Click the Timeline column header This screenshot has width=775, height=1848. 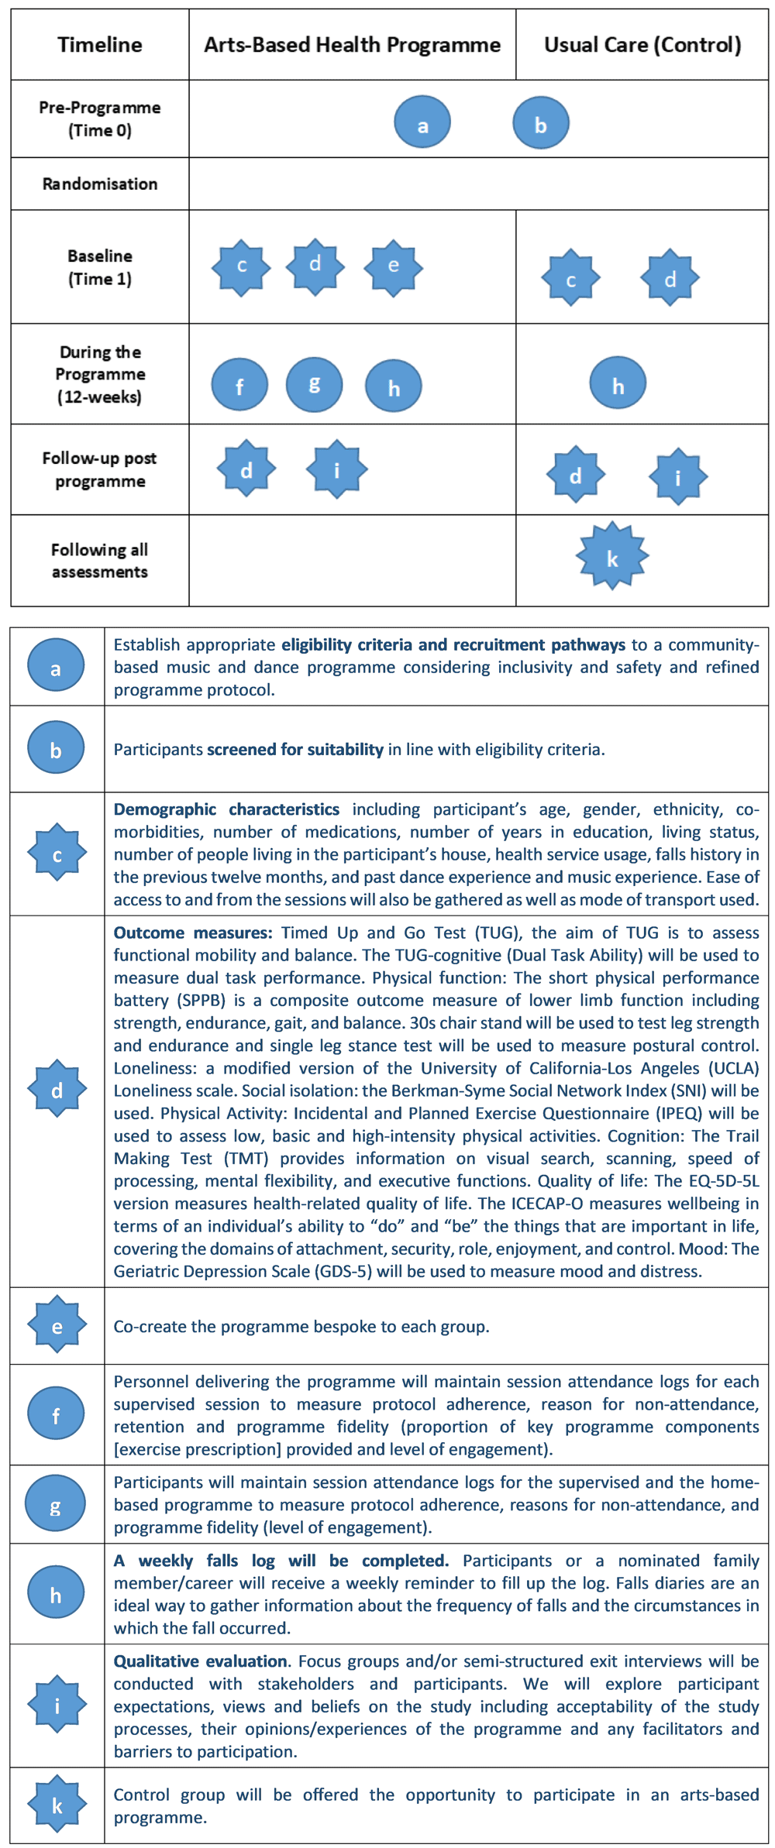99,45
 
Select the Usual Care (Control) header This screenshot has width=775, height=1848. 642,45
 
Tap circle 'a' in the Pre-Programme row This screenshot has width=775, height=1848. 422,122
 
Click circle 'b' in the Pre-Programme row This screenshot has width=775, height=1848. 541,122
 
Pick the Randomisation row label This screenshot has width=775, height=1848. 99,184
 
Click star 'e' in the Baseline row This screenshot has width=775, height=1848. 394,267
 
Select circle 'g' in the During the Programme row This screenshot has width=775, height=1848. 314,384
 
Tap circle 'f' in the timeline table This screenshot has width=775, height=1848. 239,385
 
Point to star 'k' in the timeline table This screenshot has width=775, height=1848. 612,556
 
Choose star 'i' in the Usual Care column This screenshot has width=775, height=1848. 678,476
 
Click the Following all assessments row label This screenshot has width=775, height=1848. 99,561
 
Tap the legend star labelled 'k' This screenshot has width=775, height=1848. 57,1805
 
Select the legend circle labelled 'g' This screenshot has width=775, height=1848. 55,1503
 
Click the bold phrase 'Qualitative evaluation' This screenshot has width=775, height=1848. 201,1661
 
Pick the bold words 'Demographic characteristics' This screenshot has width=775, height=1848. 226,809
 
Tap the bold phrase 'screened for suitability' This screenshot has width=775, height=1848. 294,750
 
